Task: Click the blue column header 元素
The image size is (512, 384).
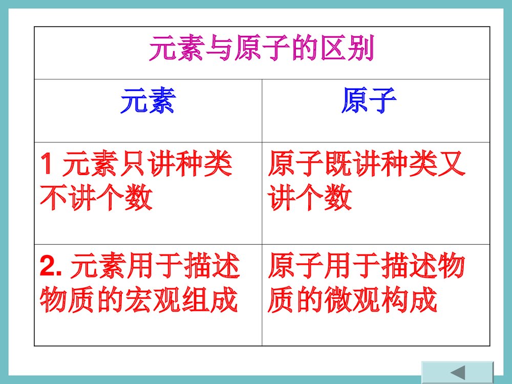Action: coord(147,101)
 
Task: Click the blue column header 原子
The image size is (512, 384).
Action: coord(368,101)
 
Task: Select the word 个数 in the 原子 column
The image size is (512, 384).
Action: coord(324,198)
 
